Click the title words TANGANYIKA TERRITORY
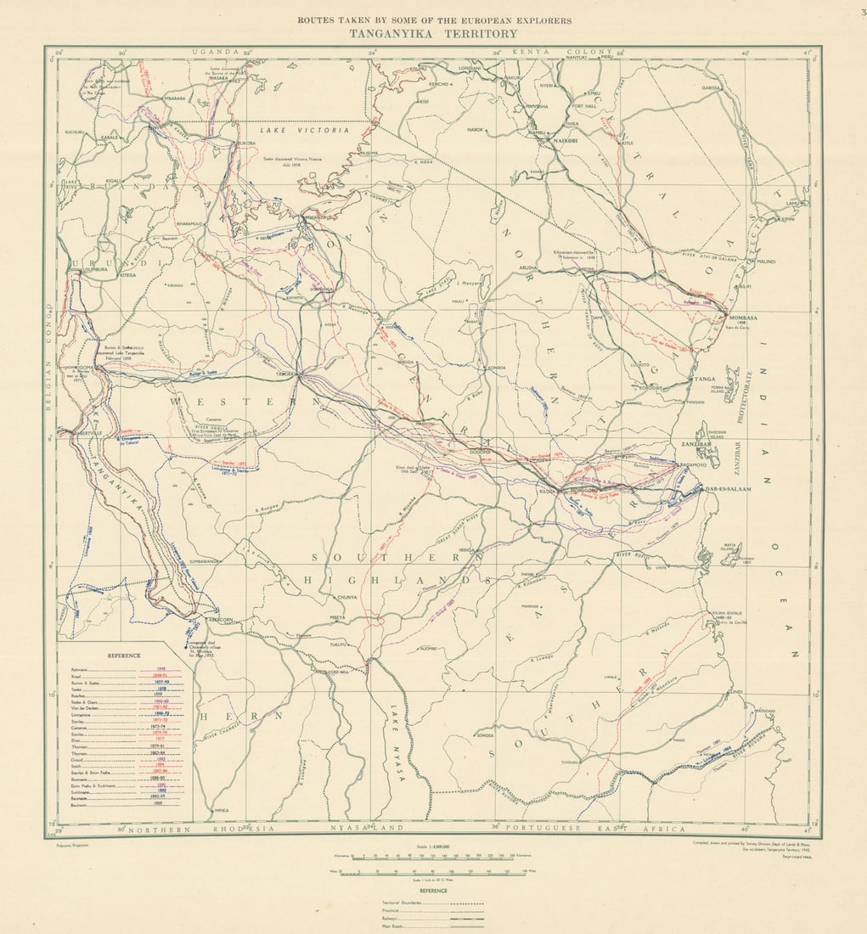click(x=433, y=34)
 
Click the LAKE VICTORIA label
click(x=304, y=131)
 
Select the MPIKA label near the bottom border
click(x=222, y=810)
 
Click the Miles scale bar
click(x=433, y=871)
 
